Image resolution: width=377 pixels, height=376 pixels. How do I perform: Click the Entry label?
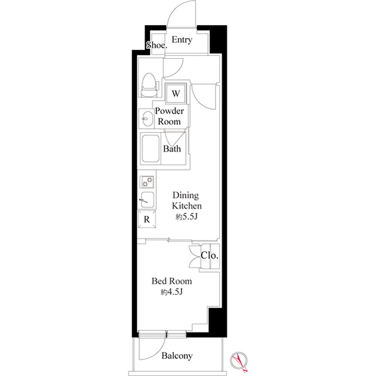pos(182,40)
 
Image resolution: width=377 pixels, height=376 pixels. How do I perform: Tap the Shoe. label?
pos(156,45)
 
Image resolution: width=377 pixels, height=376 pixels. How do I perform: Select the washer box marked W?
pos(176,93)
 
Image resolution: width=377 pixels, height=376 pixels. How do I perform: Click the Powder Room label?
pos(169,116)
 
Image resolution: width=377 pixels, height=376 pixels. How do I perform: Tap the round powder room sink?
pos(145,120)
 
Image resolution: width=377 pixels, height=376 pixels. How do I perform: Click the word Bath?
pos(172,149)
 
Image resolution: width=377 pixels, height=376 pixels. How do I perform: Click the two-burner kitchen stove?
pos(147,182)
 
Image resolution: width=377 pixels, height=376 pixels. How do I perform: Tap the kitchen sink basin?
pos(147,199)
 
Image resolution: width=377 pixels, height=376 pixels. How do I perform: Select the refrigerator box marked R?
pos(147,219)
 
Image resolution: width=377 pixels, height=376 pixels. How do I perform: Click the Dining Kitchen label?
pos(187,201)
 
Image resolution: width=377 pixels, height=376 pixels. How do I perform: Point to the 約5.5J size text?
pos(186,217)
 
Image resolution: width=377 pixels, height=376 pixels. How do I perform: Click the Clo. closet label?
pos(209,256)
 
